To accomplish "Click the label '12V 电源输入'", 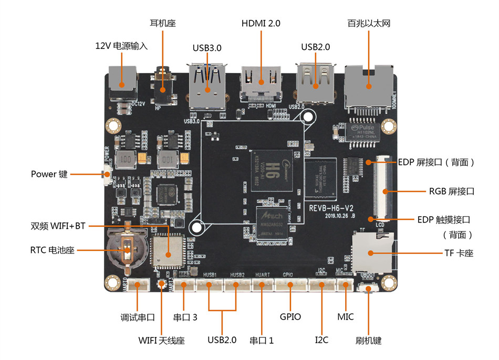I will (121, 46).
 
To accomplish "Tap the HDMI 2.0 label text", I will (261, 24).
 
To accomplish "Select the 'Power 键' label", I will (49, 174).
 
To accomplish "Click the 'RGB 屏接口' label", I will (451, 191).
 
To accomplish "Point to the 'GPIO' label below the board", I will (290, 316).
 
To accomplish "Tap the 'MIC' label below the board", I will (345, 316).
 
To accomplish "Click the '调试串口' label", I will (137, 317).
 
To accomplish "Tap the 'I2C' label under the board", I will (321, 340).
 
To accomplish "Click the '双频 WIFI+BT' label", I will (58, 226).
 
